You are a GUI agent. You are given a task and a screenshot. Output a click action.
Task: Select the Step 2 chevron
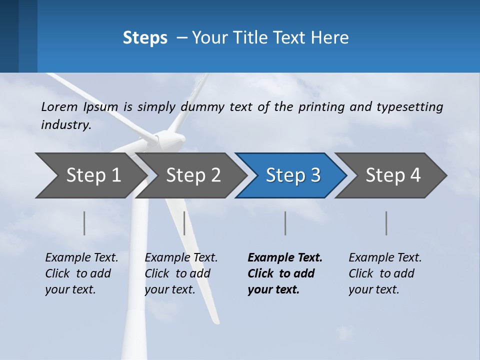193,175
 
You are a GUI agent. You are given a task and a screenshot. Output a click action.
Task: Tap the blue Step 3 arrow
293,175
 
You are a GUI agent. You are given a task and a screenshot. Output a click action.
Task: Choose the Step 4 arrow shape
393,175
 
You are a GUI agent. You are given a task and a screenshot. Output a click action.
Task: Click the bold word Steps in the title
145,38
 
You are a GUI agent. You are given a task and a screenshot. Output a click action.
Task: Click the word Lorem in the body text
59,106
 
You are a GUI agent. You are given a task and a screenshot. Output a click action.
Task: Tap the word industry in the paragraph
65,125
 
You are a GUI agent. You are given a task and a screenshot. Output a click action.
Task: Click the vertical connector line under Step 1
84,223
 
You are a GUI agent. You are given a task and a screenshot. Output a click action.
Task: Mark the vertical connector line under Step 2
184,223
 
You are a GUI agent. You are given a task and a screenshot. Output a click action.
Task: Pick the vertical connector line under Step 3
285,223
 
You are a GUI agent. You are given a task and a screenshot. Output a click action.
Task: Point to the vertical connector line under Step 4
386,223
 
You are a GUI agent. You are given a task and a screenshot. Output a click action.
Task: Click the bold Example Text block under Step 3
284,273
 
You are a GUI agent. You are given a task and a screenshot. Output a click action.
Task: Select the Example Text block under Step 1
81,273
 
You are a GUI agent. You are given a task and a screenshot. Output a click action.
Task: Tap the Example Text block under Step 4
385,273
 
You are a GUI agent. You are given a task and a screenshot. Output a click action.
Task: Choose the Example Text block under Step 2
181,273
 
